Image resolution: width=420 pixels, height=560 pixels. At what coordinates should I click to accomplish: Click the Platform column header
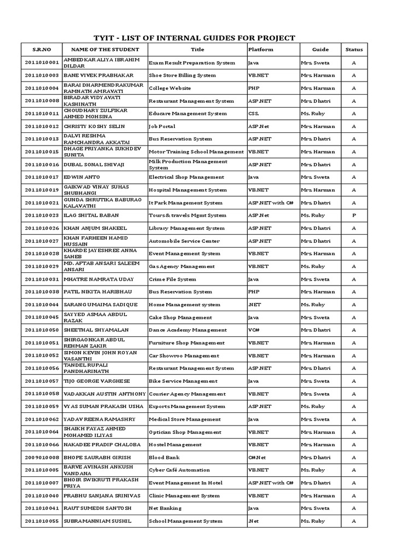(x=261, y=50)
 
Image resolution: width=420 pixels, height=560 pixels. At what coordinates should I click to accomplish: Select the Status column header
(x=354, y=50)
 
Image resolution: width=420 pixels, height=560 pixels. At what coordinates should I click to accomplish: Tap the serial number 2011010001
(x=42, y=63)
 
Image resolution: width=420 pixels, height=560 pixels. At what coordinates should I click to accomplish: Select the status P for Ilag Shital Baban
(x=354, y=215)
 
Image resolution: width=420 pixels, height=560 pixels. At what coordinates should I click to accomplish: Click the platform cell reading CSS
(x=254, y=114)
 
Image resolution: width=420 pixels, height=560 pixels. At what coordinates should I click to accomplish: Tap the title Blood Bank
(x=164, y=457)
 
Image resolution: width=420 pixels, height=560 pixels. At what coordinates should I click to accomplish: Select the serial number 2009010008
(x=42, y=457)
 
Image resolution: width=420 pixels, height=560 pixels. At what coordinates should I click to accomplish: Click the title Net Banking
(x=165, y=508)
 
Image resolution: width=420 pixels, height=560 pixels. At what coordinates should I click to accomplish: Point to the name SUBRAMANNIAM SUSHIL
(x=97, y=521)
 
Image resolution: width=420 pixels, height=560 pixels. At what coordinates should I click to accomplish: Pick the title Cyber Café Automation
(x=179, y=470)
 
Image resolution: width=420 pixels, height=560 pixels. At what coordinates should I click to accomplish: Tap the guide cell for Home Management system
(x=313, y=305)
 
